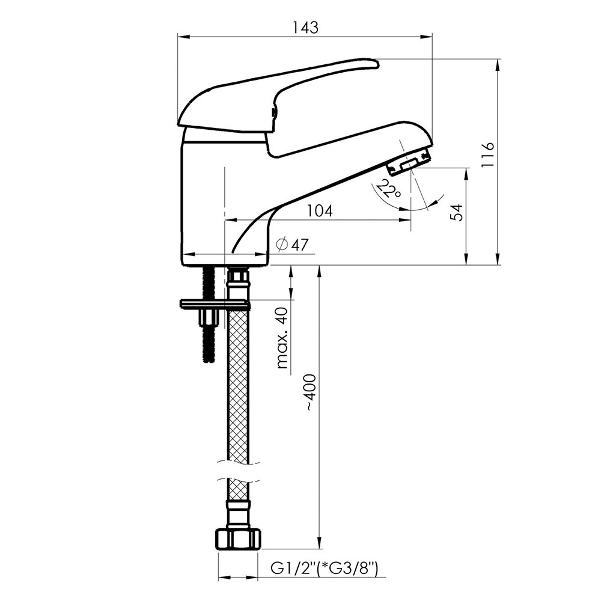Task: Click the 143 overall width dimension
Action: pyautogui.click(x=305, y=28)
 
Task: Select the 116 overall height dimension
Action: pyautogui.click(x=488, y=154)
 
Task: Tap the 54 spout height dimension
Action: pyautogui.click(x=457, y=212)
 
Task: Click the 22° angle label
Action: pyautogui.click(x=388, y=188)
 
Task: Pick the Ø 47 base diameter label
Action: pyautogui.click(x=293, y=245)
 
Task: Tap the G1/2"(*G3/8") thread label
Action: pyautogui.click(x=325, y=568)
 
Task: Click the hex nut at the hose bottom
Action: pyautogui.click(x=237, y=539)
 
